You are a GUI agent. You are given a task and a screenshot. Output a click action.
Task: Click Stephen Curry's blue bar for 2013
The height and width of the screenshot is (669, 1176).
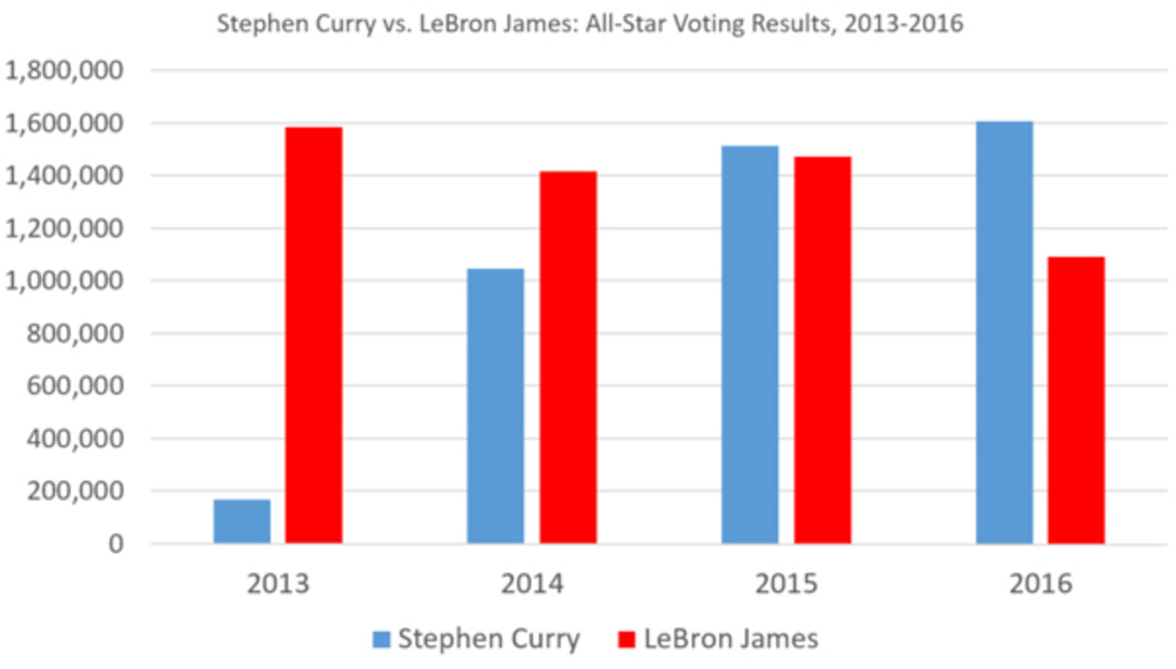point(242,521)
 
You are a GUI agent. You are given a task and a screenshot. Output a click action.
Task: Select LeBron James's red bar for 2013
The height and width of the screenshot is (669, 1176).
point(314,335)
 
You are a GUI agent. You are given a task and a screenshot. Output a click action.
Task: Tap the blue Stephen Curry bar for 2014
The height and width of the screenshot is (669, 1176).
point(495,406)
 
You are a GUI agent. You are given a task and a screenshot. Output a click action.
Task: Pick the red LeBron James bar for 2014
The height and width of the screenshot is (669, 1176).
point(567,358)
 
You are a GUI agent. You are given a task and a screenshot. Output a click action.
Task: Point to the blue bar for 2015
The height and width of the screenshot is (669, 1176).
point(750,344)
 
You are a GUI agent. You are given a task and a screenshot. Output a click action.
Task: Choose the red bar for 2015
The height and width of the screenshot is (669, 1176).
point(822,350)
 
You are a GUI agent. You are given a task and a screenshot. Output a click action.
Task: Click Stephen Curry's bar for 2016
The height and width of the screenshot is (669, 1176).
point(1004,333)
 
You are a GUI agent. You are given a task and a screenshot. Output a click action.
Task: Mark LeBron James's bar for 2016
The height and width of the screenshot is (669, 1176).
point(1076,400)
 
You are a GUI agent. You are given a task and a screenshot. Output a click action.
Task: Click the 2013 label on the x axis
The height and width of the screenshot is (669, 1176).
point(278,585)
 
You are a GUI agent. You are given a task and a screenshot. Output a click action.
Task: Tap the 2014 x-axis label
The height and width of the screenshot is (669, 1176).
point(532,585)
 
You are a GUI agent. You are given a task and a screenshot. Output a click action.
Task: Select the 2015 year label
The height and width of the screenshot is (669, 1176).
point(787,585)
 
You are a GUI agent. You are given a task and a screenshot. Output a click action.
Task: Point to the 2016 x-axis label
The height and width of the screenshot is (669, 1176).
point(1041,585)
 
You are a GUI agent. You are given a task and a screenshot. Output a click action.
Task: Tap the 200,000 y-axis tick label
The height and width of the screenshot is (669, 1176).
point(73,491)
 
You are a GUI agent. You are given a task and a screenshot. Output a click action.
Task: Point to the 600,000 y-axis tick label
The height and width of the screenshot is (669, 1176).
point(73,386)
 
